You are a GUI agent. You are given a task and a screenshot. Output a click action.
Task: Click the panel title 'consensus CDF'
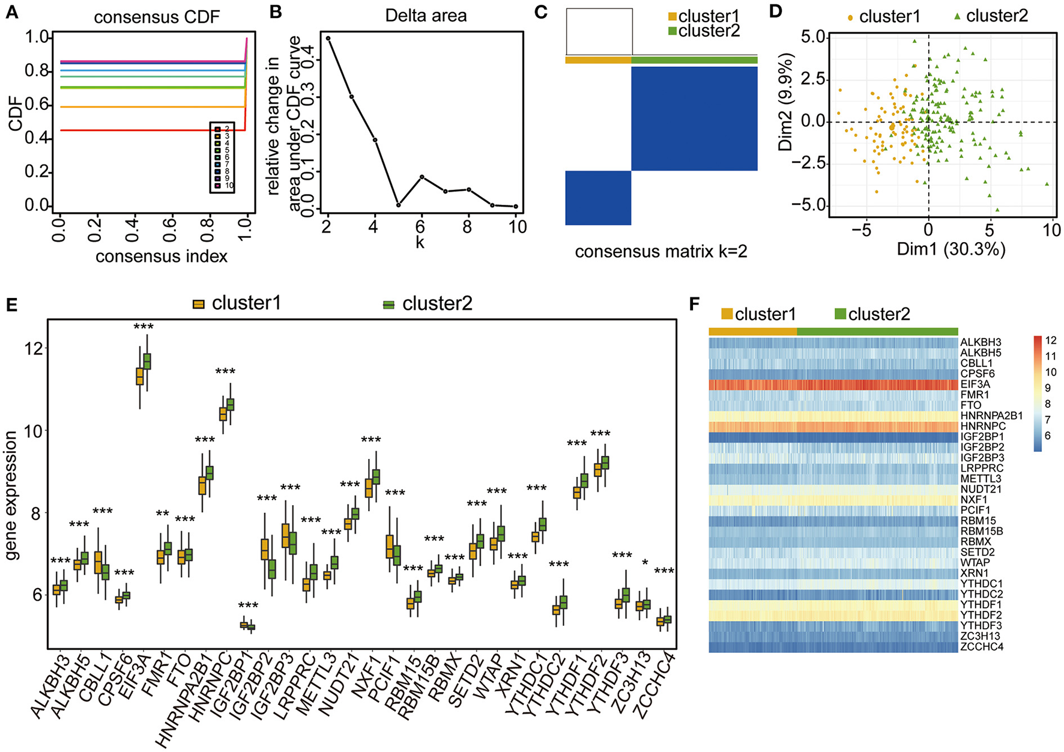157,16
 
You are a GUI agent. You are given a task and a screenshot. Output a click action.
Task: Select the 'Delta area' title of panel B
426,15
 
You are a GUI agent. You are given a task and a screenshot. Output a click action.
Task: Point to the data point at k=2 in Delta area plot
328,38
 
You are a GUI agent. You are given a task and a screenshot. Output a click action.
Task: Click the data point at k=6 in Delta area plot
422,177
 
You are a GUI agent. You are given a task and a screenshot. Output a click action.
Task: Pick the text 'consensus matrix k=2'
661,251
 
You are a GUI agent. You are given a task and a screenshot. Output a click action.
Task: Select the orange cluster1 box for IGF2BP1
244,625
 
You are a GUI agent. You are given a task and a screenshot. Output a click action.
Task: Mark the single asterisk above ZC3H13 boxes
644,562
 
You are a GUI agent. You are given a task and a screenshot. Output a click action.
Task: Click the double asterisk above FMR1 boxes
162,514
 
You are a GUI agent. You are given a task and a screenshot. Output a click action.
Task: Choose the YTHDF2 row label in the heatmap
981,615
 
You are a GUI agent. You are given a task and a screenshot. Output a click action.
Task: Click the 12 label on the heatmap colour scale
1050,341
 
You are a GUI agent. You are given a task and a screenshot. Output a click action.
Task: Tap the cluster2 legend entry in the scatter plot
991,16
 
